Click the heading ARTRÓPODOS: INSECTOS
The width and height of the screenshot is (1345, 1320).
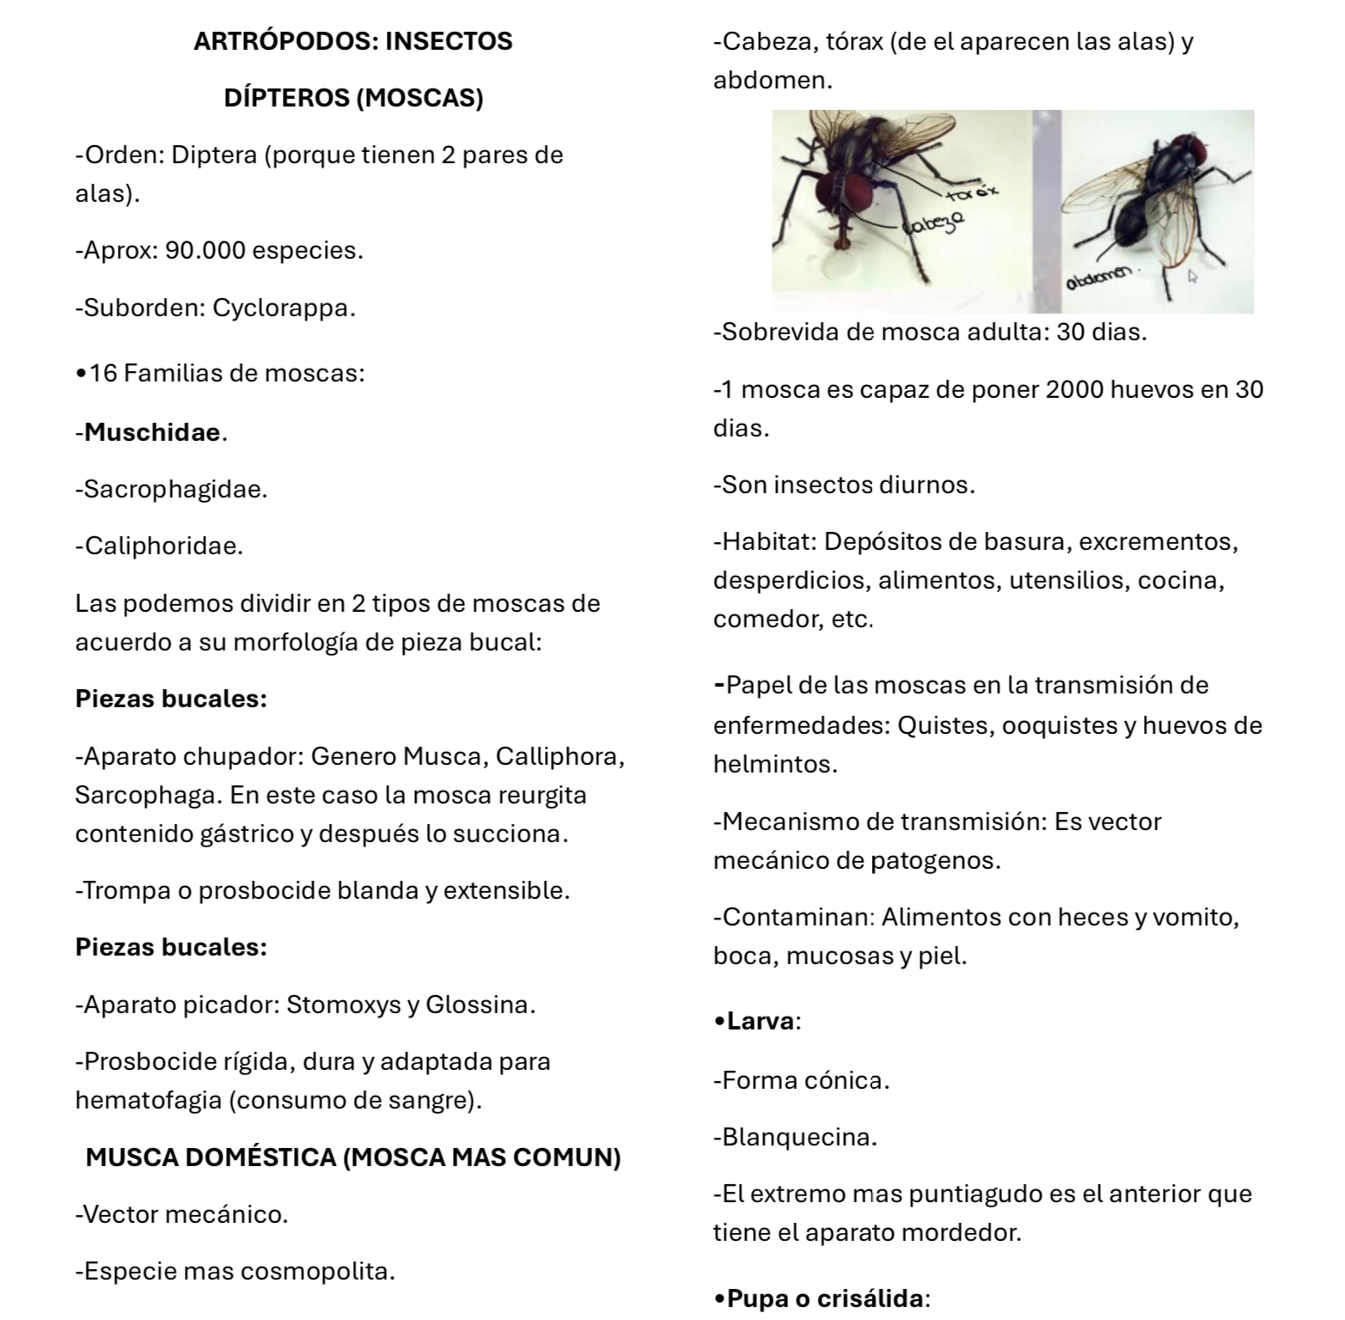[352, 41]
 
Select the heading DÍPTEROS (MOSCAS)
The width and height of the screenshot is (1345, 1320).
[353, 98]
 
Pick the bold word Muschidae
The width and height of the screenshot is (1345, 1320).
[152, 432]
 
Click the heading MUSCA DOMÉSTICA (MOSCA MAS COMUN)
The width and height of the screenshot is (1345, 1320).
[352, 1158]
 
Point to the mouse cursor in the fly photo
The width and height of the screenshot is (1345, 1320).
[1192, 277]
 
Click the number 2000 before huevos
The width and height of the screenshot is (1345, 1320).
[1074, 390]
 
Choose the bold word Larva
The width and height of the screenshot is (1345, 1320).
[761, 1022]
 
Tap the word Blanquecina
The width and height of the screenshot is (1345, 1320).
[799, 1138]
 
